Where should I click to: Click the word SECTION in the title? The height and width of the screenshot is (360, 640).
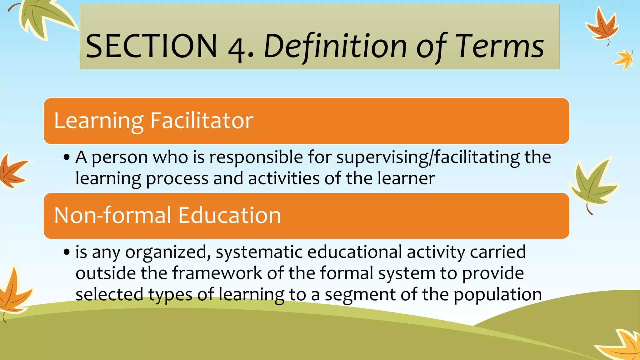pyautogui.click(x=151, y=46)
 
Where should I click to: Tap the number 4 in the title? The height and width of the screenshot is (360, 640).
pyautogui.click(x=237, y=48)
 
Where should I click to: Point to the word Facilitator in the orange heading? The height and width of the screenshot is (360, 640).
pyautogui.click(x=202, y=121)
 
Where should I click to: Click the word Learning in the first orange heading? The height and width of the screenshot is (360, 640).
pyautogui.click(x=99, y=121)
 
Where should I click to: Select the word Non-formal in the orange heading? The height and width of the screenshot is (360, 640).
pyautogui.click(x=113, y=215)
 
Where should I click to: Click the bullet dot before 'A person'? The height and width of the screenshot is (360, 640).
pyautogui.click(x=66, y=157)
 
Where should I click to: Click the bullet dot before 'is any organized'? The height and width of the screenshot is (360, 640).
pyautogui.click(x=66, y=252)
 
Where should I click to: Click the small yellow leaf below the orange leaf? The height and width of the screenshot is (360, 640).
pyautogui.click(x=624, y=59)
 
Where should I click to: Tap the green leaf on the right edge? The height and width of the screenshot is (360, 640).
pyautogui.click(x=592, y=184)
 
